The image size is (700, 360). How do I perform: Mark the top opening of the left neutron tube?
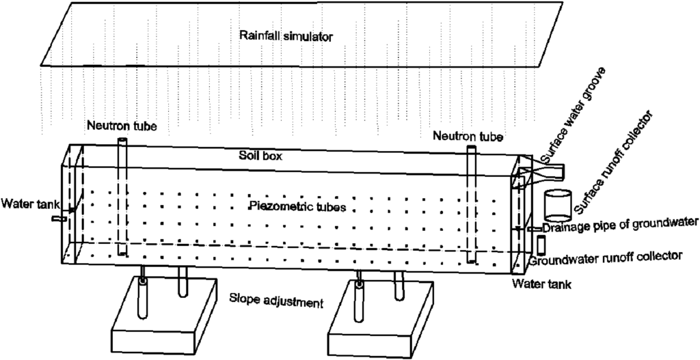click(122, 141)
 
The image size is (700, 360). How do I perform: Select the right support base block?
click(382, 321)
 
